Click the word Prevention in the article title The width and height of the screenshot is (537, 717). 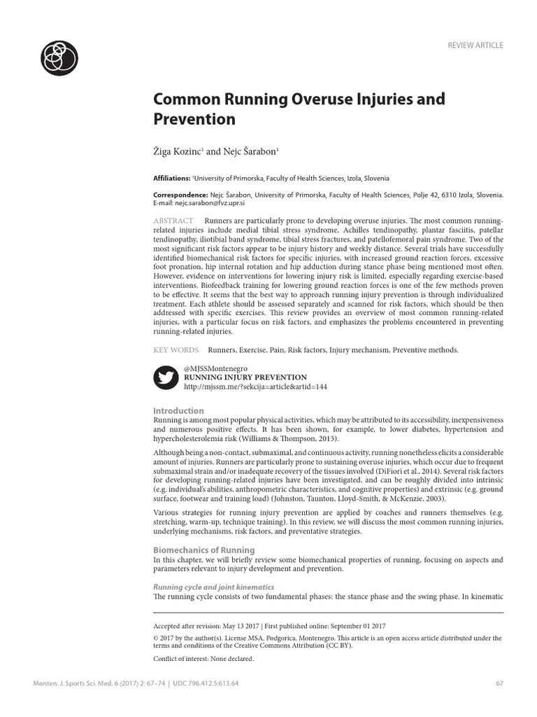pos(194,119)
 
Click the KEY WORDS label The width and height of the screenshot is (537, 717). pos(176,349)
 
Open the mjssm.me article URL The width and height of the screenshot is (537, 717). pos(255,387)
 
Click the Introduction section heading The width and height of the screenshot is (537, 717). pos(178,410)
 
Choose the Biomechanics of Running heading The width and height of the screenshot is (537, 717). pos(203,550)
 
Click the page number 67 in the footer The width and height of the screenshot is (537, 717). pos(499,683)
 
